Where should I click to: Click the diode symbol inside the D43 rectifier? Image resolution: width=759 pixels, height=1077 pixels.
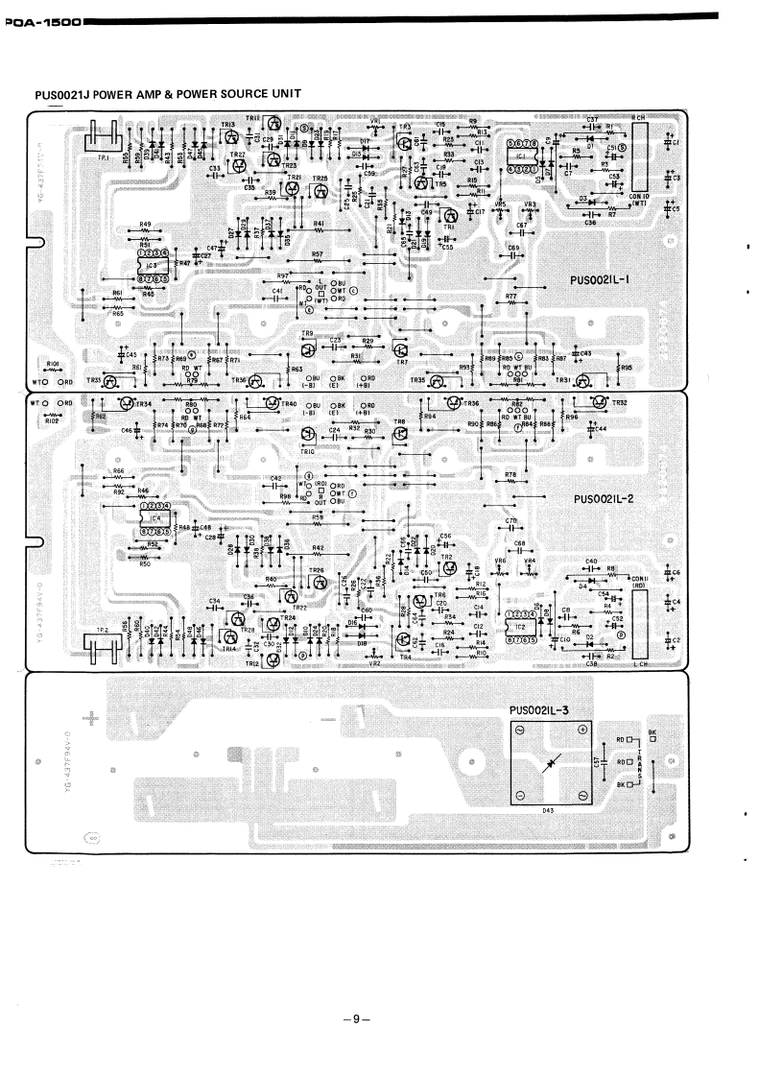click(x=550, y=763)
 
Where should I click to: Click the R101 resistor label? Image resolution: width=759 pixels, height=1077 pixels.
click(x=54, y=365)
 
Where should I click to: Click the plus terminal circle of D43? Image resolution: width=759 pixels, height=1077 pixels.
click(x=581, y=731)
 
